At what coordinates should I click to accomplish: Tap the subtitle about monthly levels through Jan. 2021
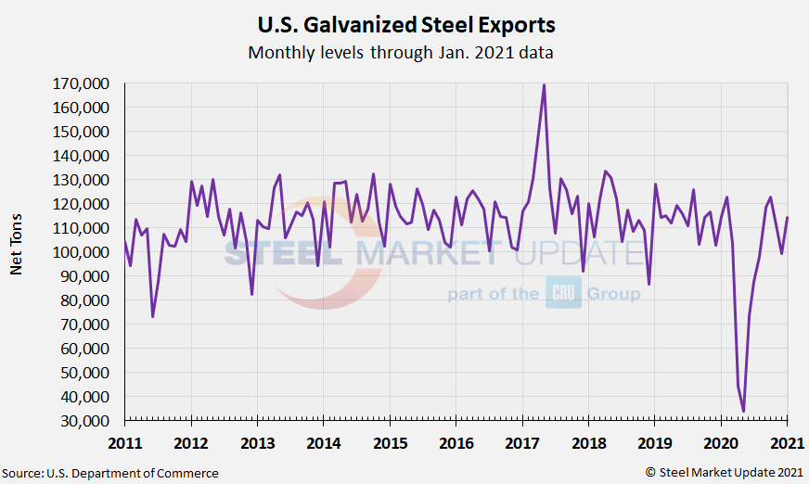point(401,52)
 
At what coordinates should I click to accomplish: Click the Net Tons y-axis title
point(17,252)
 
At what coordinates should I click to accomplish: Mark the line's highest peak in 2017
point(544,85)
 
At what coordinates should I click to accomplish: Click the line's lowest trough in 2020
point(743,411)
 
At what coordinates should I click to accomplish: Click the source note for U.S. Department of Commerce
point(110,473)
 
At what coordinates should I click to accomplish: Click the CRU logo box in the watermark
point(562,293)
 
